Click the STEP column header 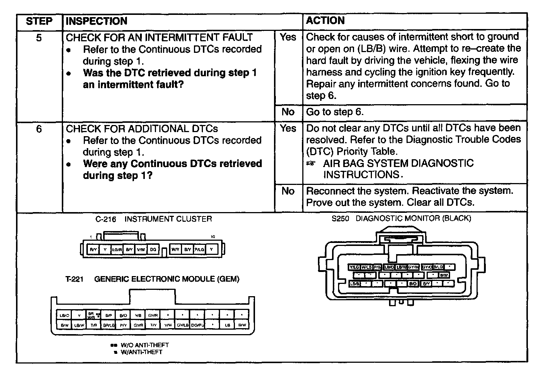click(39, 21)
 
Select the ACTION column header click(325, 20)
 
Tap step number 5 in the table click(39, 38)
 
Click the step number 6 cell click(39, 129)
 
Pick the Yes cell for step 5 click(288, 37)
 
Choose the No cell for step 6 click(288, 191)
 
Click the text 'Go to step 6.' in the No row click(334, 112)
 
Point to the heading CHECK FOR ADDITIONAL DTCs click(141, 129)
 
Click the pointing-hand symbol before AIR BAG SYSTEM click(310, 163)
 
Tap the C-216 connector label click(106, 219)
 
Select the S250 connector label click(340, 219)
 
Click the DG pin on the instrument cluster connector click(153, 250)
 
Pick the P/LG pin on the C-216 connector click(199, 250)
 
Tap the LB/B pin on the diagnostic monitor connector click(355, 284)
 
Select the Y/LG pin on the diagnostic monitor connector click(354, 267)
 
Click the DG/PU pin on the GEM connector click(198, 325)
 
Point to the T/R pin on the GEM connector click(94, 325)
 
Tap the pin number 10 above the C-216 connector click(213, 237)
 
